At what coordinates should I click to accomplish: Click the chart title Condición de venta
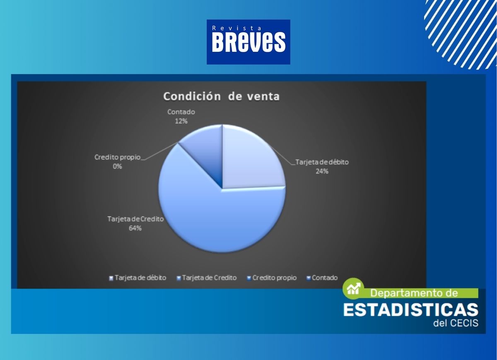coord(222,96)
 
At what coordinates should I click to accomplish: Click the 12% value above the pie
coord(181,121)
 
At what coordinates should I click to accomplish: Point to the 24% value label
coord(322,171)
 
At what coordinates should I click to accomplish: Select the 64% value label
coord(135,228)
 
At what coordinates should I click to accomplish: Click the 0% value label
coord(117,166)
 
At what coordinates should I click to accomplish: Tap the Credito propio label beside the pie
coord(117,157)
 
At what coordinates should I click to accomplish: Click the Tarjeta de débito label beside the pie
coord(322,162)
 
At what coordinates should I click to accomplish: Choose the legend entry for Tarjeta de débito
coord(138,278)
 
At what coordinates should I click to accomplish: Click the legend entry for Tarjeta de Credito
coord(207,278)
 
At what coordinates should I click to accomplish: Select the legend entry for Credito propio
coord(272,278)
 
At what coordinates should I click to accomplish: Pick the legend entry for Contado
coord(322,278)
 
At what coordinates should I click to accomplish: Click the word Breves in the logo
coord(248,42)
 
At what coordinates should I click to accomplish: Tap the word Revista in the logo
coord(236,28)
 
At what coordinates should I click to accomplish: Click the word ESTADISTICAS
coord(411,310)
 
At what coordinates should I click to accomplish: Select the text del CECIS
coord(456,323)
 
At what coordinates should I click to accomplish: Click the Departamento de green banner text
coord(414,293)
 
